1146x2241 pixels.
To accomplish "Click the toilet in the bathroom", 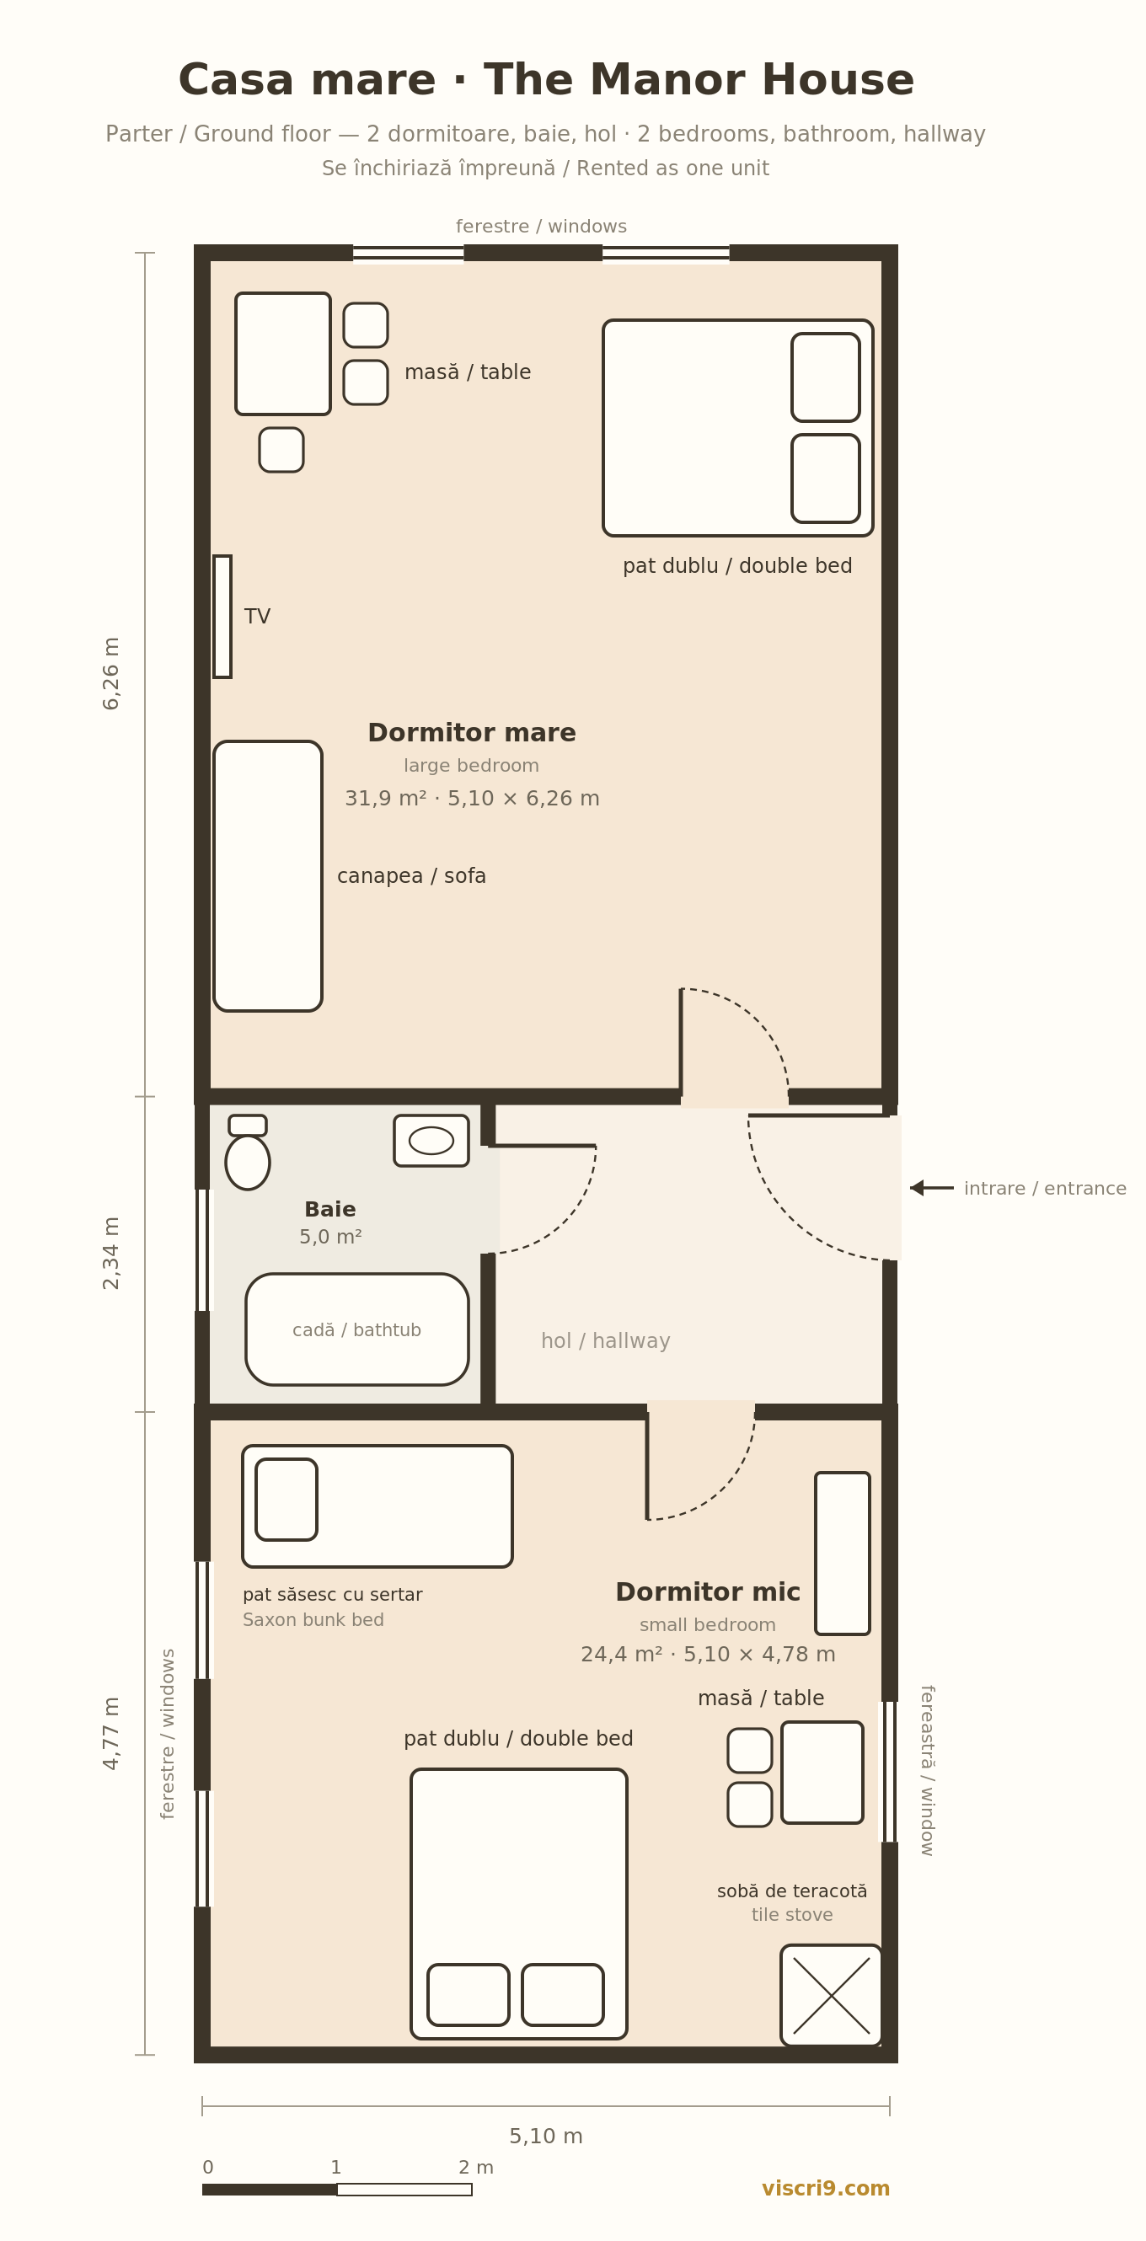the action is [247, 1153].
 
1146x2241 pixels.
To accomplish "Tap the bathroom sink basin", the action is [431, 1141].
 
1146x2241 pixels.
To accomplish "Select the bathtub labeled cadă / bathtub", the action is [356, 1329].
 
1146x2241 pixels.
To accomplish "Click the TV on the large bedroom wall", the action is [222, 616].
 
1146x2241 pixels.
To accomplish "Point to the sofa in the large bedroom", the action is [268, 876].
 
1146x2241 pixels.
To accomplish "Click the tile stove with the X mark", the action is [831, 1996].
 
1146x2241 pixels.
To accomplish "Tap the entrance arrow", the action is [932, 1188].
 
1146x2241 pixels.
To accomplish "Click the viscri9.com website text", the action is [826, 2189].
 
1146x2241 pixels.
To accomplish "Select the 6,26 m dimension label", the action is [111, 673].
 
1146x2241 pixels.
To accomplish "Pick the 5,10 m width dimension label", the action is [545, 2137].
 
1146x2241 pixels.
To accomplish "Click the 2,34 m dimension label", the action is [111, 1253].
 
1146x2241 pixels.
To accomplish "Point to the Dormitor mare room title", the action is [472, 733].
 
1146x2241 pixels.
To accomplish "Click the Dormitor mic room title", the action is [708, 1593].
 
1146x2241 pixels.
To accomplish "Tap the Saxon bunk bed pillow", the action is [286, 1499].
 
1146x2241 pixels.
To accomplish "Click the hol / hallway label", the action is [606, 1340].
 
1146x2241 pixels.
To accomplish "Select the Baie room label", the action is [329, 1209].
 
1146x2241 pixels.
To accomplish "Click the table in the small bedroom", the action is [822, 1772].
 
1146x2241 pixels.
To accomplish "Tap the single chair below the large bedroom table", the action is [281, 450].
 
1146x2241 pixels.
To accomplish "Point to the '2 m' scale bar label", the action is [476, 2168].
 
